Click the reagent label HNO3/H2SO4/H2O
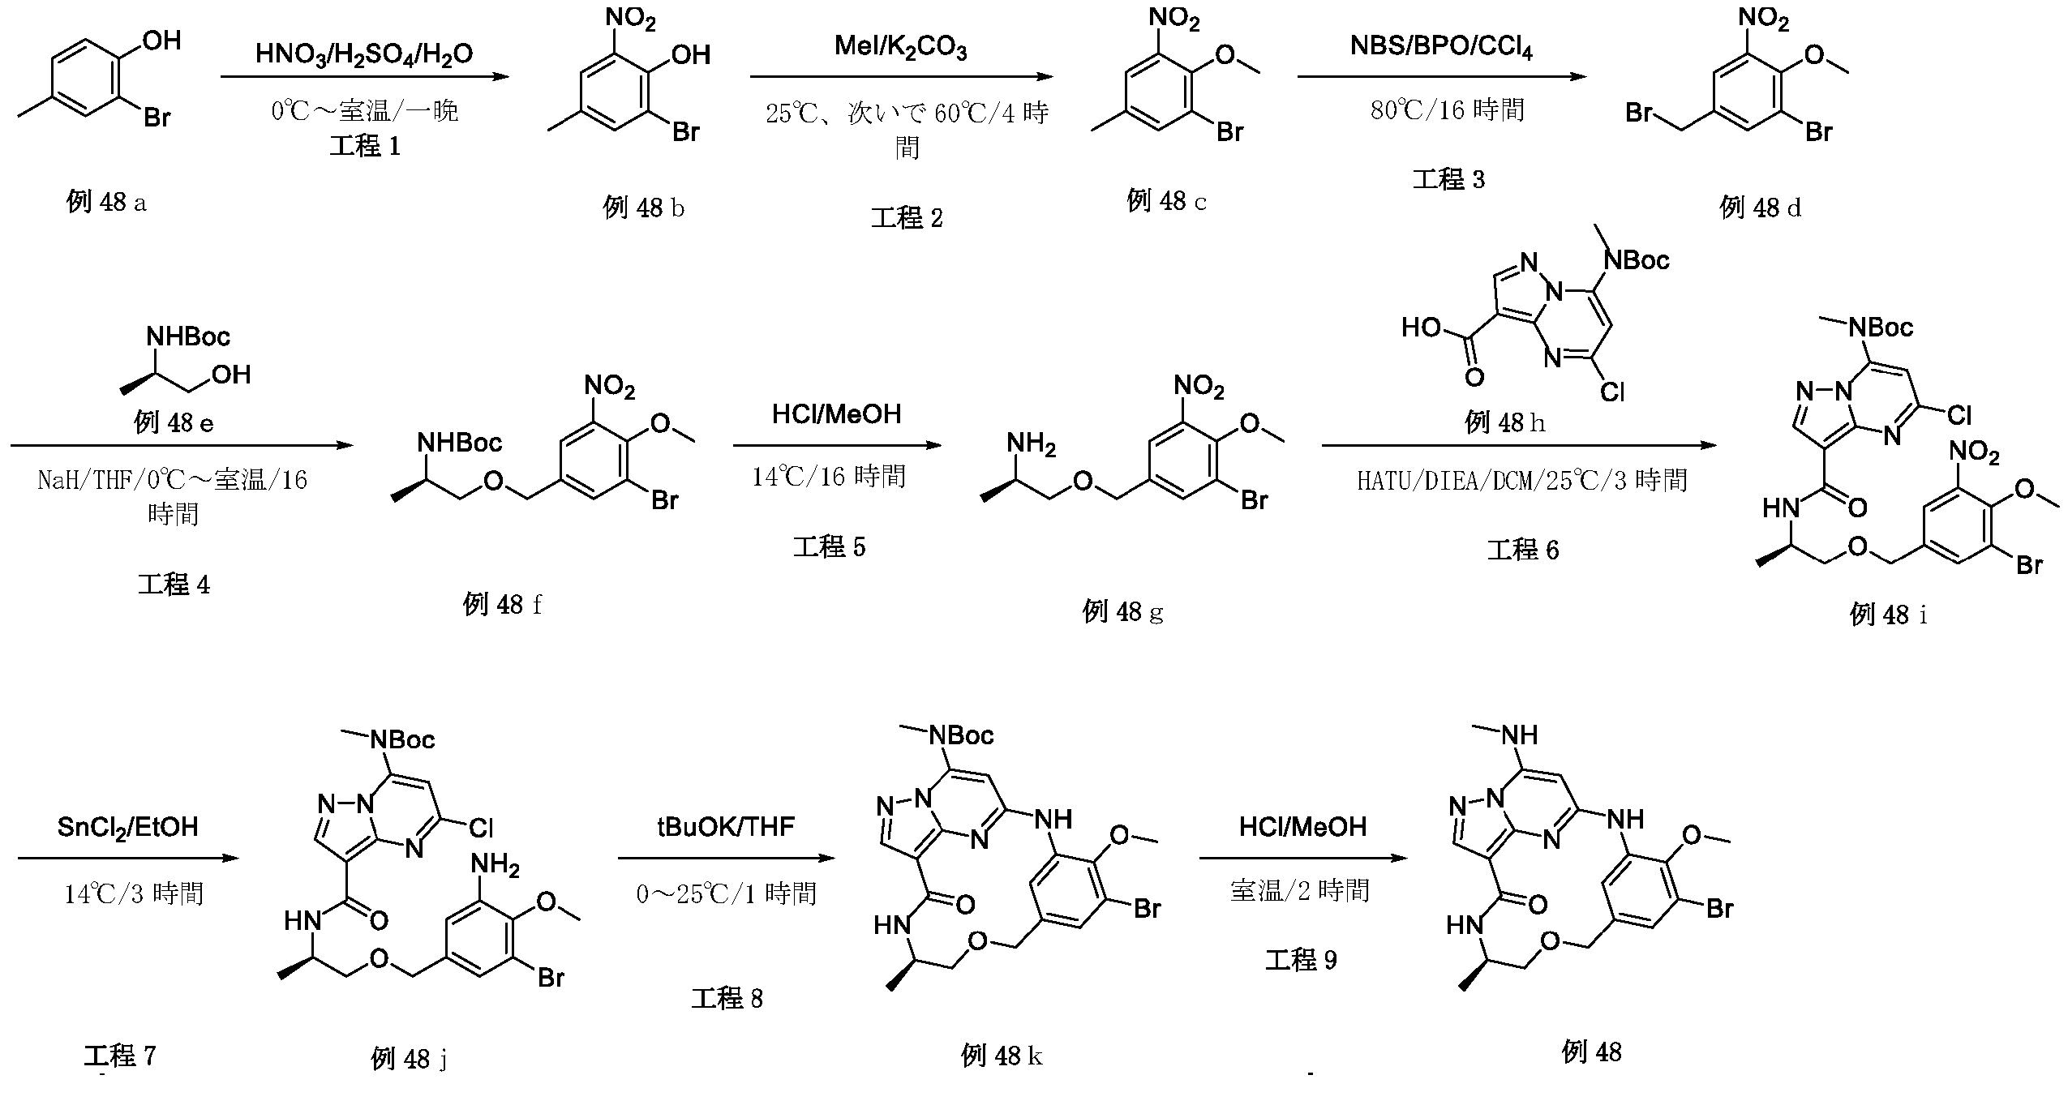(363, 54)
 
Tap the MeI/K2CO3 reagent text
(900, 49)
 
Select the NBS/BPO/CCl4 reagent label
(1441, 47)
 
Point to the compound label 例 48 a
(106, 202)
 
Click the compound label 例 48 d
(1760, 208)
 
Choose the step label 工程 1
(365, 146)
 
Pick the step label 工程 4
(174, 585)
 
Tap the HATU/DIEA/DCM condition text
(1522, 480)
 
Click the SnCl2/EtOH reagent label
(127, 827)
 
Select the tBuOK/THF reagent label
(726, 827)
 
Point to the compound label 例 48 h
(1504, 422)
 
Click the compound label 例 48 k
(1002, 1056)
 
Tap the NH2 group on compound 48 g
(1031, 444)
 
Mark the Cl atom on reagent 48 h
(1612, 392)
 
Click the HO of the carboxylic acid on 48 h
(1421, 328)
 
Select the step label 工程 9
(1301, 960)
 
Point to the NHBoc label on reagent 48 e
(188, 336)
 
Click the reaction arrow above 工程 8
(726, 859)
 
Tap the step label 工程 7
(119, 1056)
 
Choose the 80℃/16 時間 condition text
(1448, 109)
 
